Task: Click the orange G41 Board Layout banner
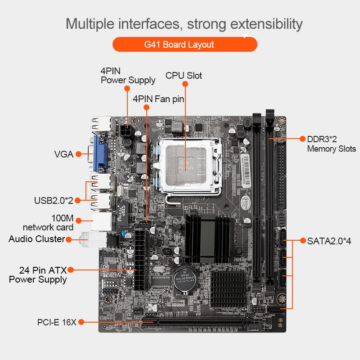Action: pyautogui.click(x=185, y=44)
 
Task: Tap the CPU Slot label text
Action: pyautogui.click(x=184, y=76)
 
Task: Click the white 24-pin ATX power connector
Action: pyautogui.click(x=141, y=260)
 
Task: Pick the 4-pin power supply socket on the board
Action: pyautogui.click(x=126, y=131)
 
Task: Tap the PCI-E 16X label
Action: pyautogui.click(x=57, y=322)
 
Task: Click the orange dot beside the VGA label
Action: pyautogui.click(x=78, y=154)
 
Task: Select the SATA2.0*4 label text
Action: pyautogui.click(x=329, y=241)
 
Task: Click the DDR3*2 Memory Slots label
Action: pyautogui.click(x=332, y=144)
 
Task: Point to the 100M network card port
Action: pyautogui.click(x=102, y=222)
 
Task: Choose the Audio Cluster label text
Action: pyautogui.click(x=37, y=239)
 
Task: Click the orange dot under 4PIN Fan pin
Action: pyautogui.click(x=147, y=107)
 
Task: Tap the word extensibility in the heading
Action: pyautogui.click(x=266, y=24)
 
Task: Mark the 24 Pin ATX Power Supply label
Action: pyautogui.click(x=38, y=275)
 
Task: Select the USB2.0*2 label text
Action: pyautogui.click(x=54, y=200)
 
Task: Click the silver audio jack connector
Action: pyautogui.click(x=94, y=239)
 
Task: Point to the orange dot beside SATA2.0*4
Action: pyautogui.click(x=303, y=241)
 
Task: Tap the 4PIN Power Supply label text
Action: pyautogui.click(x=128, y=76)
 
